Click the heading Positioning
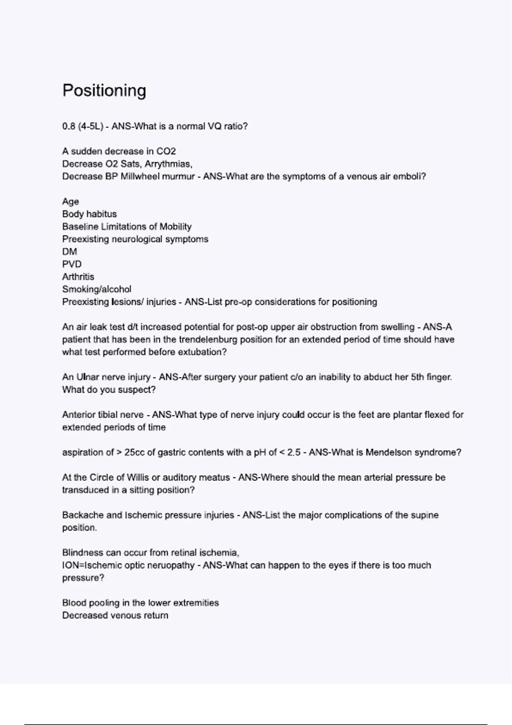(x=104, y=90)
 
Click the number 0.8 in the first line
(x=69, y=126)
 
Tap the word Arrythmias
(x=168, y=164)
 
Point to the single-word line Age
(x=70, y=201)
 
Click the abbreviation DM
(x=70, y=252)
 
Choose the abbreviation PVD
(x=72, y=264)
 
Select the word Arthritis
(x=78, y=277)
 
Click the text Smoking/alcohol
(x=97, y=289)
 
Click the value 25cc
(x=134, y=452)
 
